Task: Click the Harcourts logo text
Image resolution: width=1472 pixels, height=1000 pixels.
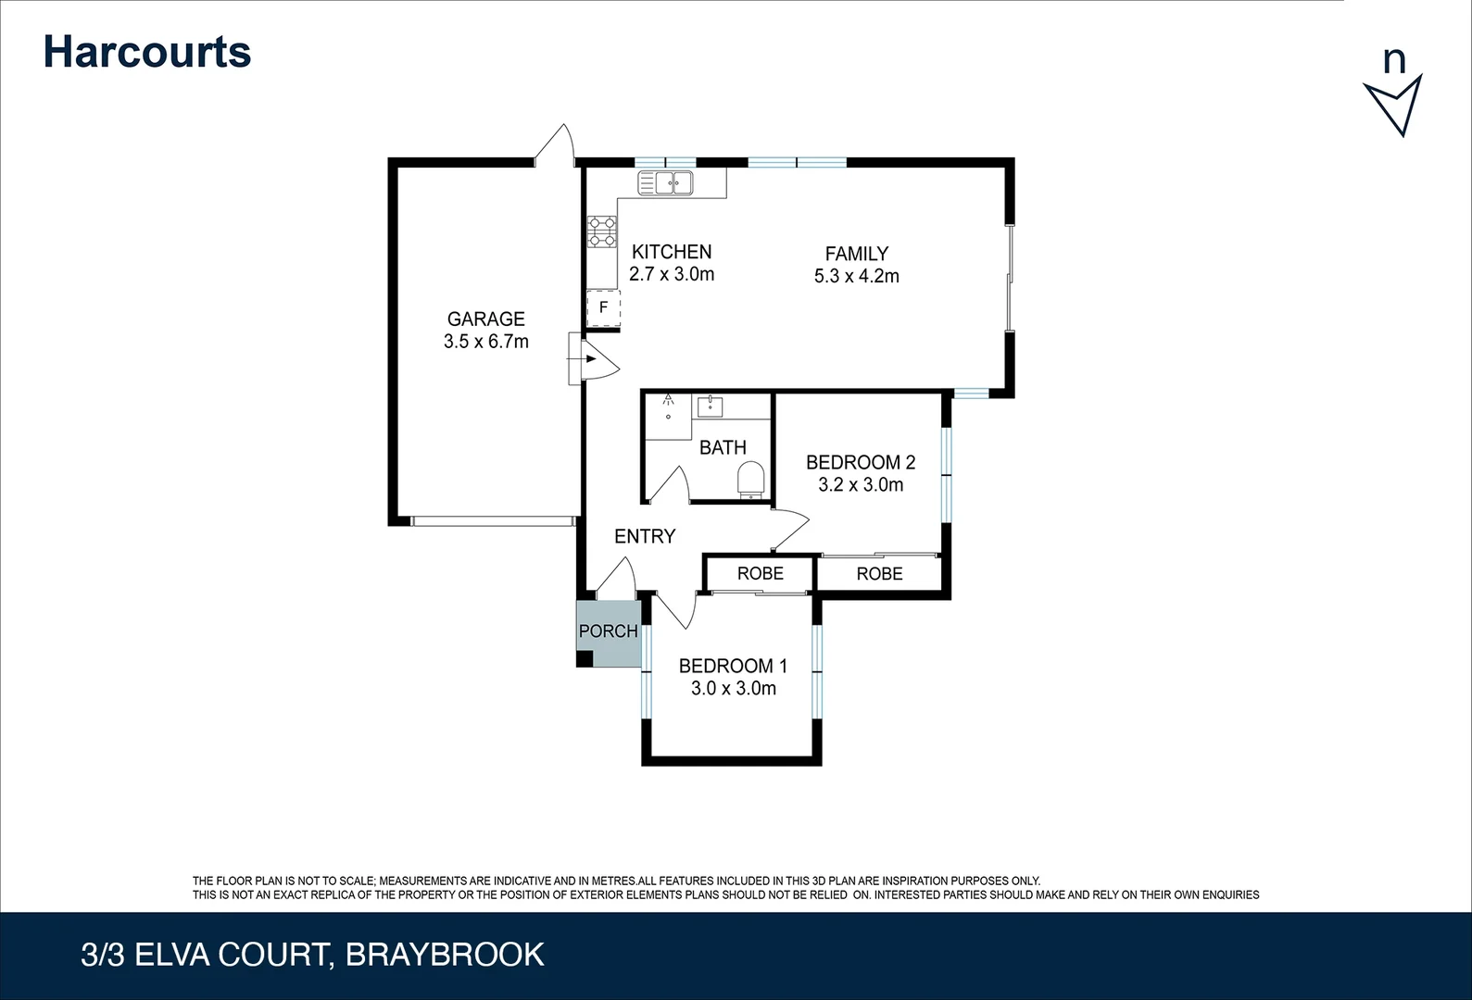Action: tap(146, 52)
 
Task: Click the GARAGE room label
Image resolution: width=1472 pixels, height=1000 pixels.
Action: tap(485, 319)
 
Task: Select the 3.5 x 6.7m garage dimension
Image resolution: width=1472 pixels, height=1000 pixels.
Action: tap(485, 342)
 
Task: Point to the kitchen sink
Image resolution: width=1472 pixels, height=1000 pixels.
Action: tap(665, 183)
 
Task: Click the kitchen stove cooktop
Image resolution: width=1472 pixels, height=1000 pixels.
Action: tap(602, 231)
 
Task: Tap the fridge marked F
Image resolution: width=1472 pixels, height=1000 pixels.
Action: tap(603, 307)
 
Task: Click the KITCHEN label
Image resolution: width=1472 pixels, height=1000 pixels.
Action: tap(672, 252)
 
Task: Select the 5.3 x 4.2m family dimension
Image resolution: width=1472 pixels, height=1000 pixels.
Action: tap(856, 276)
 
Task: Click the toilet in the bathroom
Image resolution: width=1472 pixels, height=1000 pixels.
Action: tap(750, 480)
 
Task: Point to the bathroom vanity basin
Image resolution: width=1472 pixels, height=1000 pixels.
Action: tap(711, 406)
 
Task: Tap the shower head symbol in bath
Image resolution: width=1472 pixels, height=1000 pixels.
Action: tap(668, 401)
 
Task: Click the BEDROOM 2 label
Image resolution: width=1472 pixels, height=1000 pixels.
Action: tap(861, 462)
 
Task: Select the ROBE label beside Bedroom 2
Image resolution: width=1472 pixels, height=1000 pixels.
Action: tap(879, 574)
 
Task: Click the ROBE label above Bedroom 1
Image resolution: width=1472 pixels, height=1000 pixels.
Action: tap(760, 573)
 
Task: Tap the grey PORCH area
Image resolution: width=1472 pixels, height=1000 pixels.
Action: tap(609, 633)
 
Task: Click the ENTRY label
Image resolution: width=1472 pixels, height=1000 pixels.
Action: tap(645, 536)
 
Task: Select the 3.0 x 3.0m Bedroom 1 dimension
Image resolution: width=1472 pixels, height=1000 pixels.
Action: tap(733, 688)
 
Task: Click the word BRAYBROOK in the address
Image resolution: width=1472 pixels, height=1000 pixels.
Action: tap(445, 955)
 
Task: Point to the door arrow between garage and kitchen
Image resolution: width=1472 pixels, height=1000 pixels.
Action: tap(589, 358)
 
